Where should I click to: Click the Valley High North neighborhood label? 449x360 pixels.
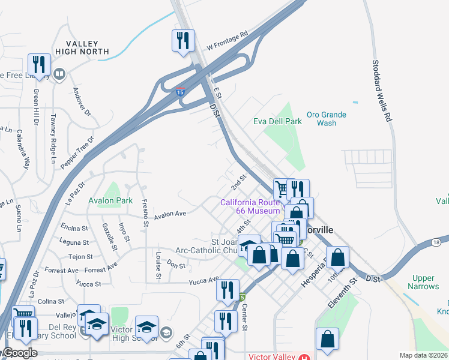tap(82, 47)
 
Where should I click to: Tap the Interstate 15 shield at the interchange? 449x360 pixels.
tap(180, 92)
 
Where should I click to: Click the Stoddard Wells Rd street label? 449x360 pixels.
tap(382, 91)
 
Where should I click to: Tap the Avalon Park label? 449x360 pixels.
tap(110, 200)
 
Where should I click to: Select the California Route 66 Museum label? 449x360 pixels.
tap(250, 206)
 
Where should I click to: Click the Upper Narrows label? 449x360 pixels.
tap(423, 282)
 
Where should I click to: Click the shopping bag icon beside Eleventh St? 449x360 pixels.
tap(339, 257)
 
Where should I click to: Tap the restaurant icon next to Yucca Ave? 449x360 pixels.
tap(227, 290)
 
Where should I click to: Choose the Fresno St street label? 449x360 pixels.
tap(145, 212)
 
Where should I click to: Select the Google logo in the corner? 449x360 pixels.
tap(19, 353)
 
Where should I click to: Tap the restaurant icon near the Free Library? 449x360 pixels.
tap(39, 65)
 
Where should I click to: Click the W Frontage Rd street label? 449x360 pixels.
tap(227, 41)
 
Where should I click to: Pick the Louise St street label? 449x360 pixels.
tap(158, 265)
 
